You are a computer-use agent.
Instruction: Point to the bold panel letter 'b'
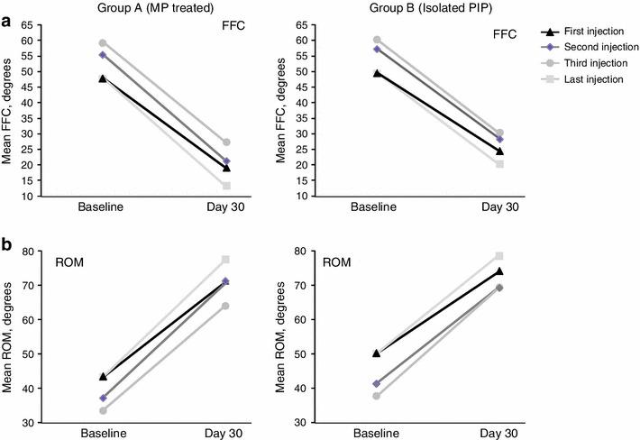coord(8,244)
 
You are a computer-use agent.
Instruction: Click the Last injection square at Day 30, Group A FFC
coord(226,186)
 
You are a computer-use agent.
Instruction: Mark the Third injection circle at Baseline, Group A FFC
coord(102,43)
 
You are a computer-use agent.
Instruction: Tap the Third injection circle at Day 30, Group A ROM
coord(226,306)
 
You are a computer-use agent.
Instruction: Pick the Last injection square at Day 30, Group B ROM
coord(498,256)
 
